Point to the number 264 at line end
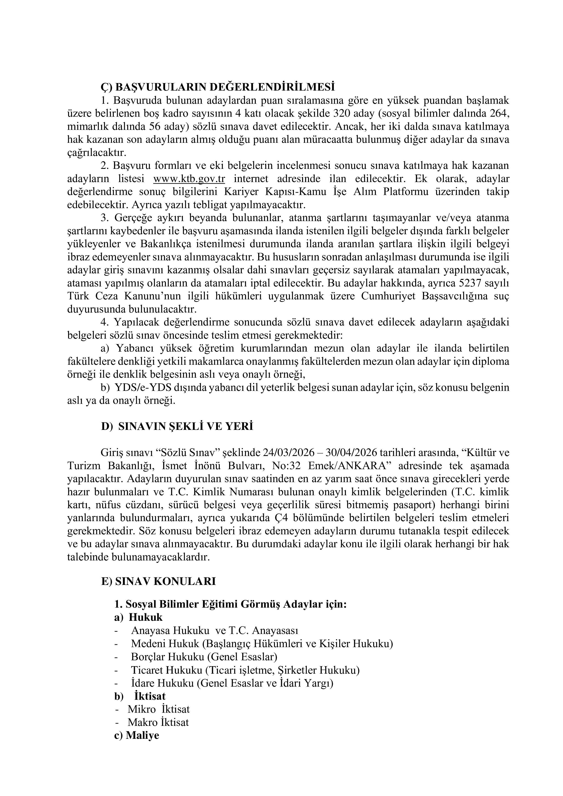pos(500,113)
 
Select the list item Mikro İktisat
pos(158,709)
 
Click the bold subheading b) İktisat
pos(140,696)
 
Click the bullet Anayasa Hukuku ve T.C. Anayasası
pos(215,630)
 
